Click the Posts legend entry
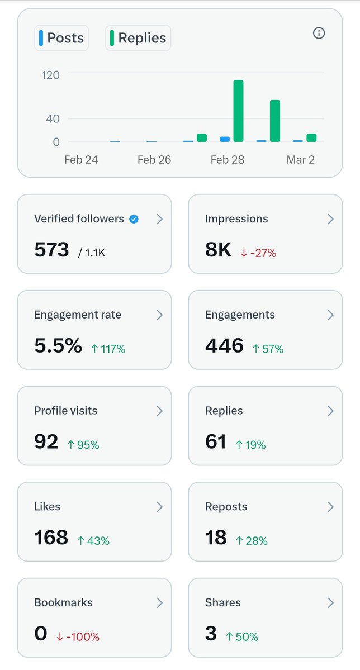pos(61,38)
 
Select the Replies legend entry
pos(138,38)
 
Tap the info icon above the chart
pos(319,33)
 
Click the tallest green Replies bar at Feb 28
pos(239,111)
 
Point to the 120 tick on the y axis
pos(50,74)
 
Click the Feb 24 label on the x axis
pos(81,160)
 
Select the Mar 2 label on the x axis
pos(300,160)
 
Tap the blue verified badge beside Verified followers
pos(134,219)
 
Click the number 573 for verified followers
pos(51,250)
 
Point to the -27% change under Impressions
pos(258,253)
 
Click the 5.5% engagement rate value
pos(58,346)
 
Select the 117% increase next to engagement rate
pos(108,349)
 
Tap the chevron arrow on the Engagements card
pos(330,315)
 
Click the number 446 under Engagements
pos(224,346)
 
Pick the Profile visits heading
pos(65,411)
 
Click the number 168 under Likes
pos(51,538)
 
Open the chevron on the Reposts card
pos(330,507)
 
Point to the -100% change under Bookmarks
pos(78,636)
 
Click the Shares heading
pos(223,602)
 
